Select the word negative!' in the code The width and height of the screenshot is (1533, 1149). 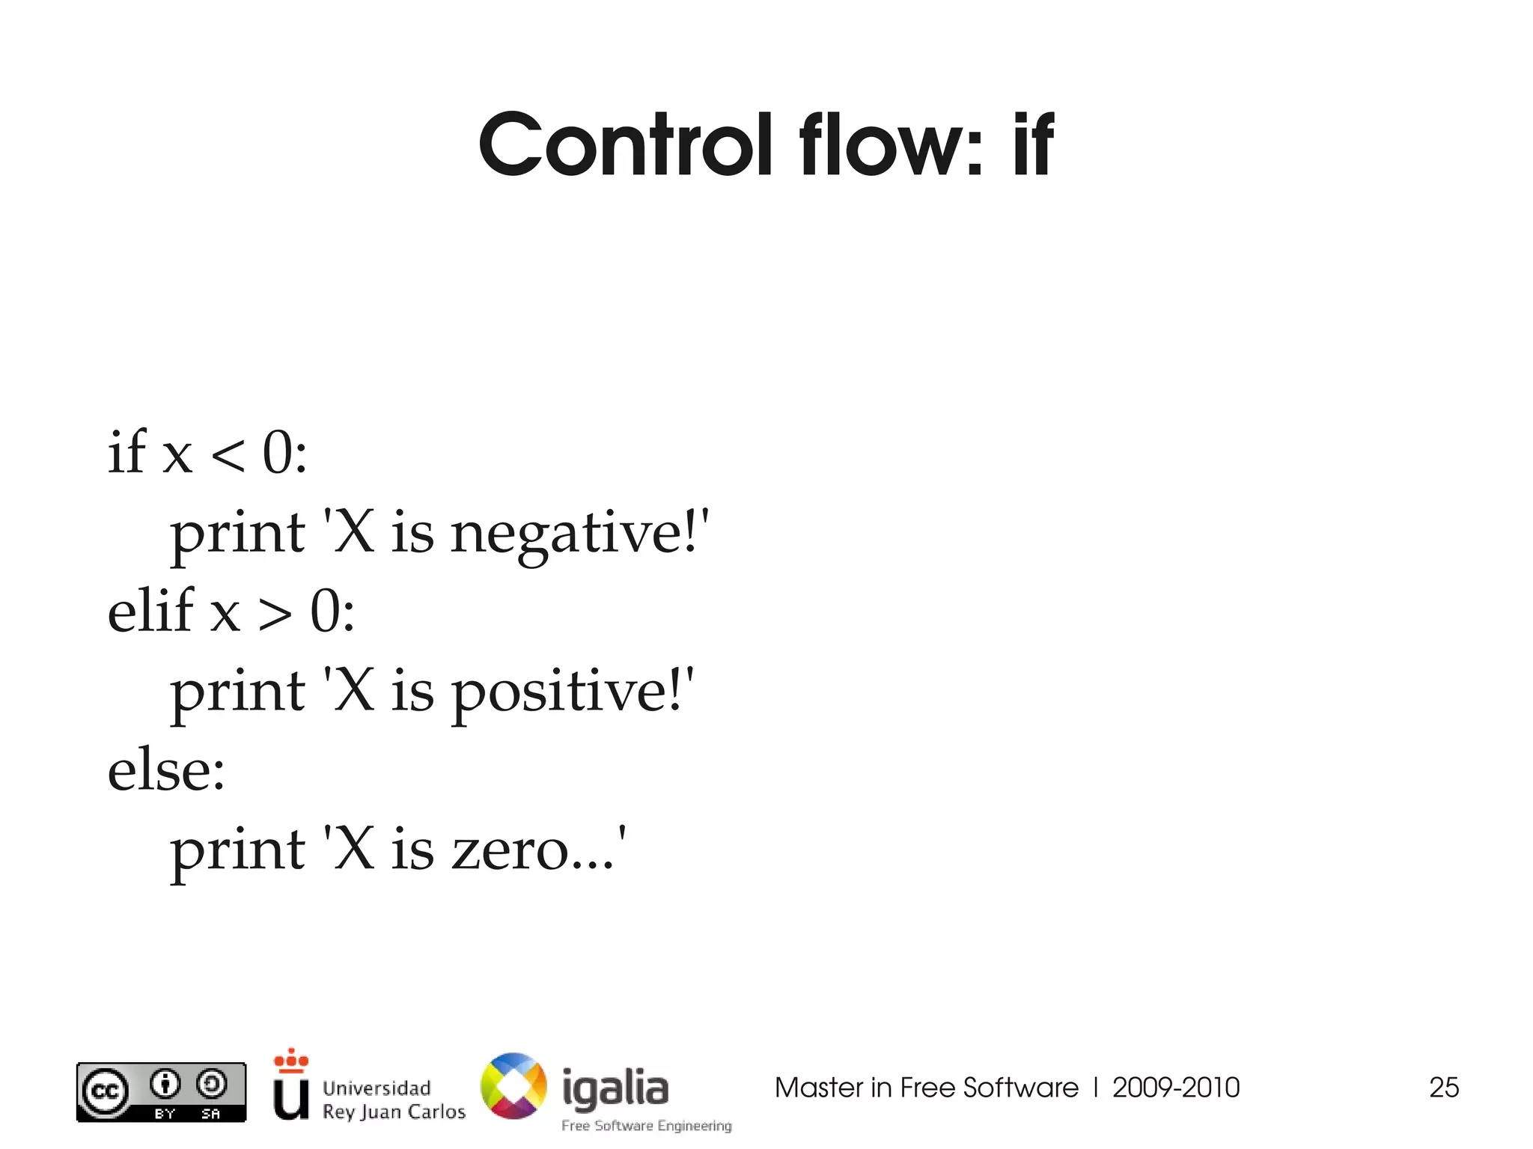pyautogui.click(x=579, y=534)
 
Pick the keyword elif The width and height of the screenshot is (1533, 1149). pyautogui.click(x=150, y=611)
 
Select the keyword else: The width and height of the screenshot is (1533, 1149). pyautogui.click(x=166, y=771)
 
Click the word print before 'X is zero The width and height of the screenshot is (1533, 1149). pyautogui.click(x=237, y=853)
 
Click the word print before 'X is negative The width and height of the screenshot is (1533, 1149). pyautogui.click(x=237, y=535)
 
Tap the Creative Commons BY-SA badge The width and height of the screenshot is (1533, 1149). pyautogui.click(x=161, y=1092)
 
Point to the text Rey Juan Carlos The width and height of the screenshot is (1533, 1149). pyautogui.click(x=394, y=1112)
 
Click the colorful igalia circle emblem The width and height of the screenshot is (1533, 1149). pyautogui.click(x=513, y=1086)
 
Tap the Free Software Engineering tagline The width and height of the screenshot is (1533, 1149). pyautogui.click(x=647, y=1126)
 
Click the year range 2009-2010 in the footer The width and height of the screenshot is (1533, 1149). pyautogui.click(x=1176, y=1088)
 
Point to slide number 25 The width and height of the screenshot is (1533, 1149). pyautogui.click(x=1444, y=1088)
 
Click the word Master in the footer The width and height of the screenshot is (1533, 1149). pyautogui.click(x=818, y=1088)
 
